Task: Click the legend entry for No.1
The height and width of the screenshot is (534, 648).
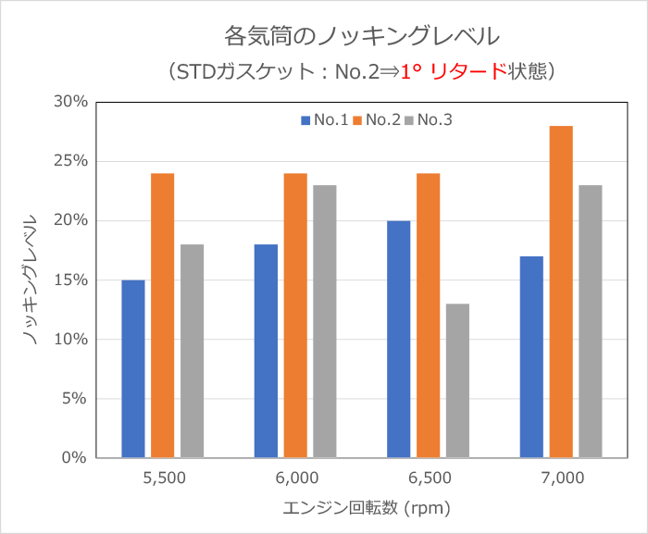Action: [324, 120]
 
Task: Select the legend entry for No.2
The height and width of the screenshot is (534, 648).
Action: [377, 120]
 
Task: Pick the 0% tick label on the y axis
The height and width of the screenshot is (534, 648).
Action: [75, 458]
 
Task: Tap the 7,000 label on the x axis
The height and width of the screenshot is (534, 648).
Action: [563, 478]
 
